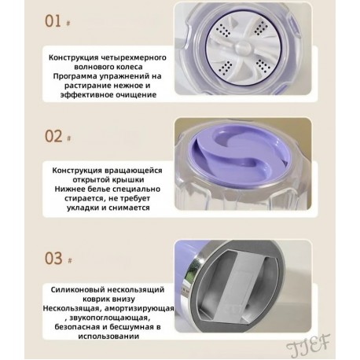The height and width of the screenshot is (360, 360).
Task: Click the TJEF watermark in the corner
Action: (x=323, y=343)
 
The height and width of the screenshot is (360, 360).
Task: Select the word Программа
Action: (x=78, y=75)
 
